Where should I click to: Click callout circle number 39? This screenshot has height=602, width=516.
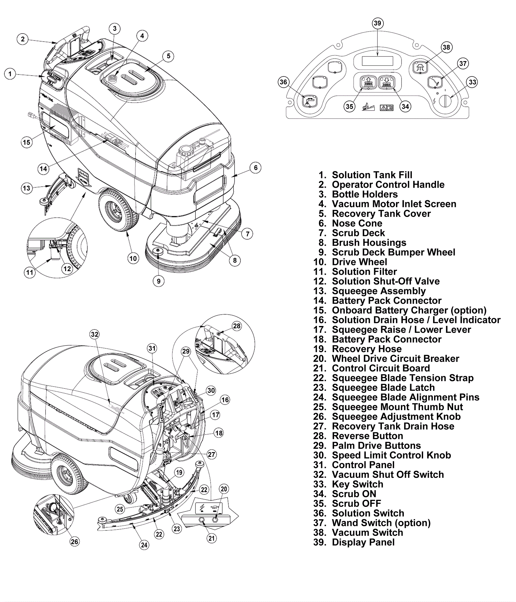377,23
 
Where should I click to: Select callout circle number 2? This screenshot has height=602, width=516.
23,39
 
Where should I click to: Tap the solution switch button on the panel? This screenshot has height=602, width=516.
309,102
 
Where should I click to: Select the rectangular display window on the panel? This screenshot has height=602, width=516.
377,61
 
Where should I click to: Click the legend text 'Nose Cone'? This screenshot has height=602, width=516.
357,223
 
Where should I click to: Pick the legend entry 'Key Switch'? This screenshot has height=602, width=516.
357,484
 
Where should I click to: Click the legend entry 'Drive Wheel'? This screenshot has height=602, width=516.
359,262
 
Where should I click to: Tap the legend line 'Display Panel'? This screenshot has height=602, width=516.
363,542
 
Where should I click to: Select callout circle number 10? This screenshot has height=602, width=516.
133,258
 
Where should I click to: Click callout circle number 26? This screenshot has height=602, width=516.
74,542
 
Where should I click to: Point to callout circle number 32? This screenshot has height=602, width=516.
94,334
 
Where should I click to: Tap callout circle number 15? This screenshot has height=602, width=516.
26,142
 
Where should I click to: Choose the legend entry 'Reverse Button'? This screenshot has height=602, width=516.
367,436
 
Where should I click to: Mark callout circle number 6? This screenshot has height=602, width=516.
256,167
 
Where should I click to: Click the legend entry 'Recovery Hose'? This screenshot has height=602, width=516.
367,349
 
